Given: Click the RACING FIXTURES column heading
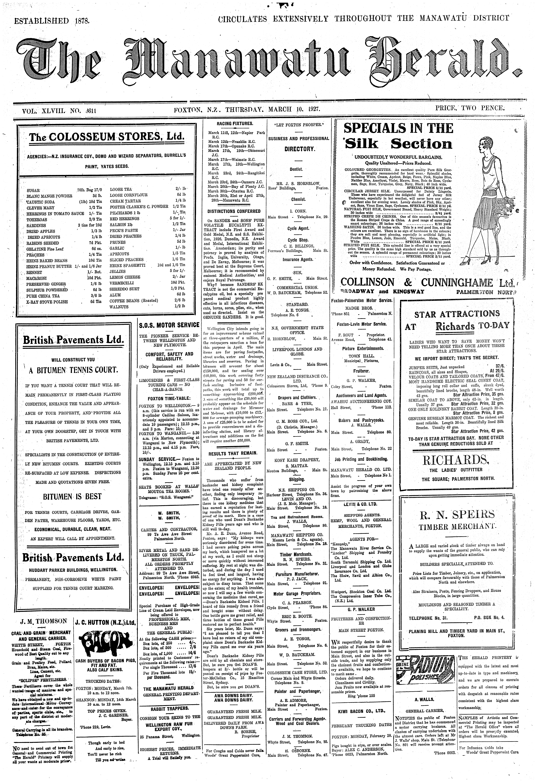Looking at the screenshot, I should pos(235,123).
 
